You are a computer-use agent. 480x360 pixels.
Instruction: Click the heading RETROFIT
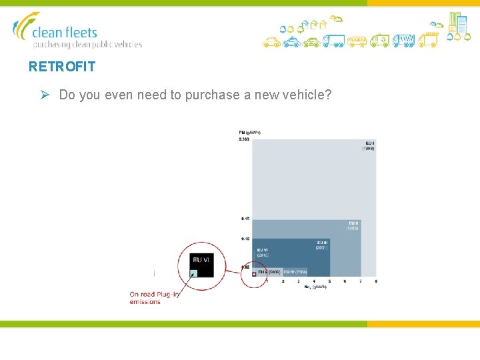click(x=62, y=67)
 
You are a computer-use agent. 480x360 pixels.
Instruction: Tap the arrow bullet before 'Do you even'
click(x=45, y=95)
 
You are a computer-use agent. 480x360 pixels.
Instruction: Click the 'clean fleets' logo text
click(x=65, y=32)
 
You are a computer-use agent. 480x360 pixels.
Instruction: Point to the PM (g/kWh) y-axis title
click(x=249, y=132)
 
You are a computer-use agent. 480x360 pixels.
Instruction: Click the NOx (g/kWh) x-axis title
click(x=315, y=287)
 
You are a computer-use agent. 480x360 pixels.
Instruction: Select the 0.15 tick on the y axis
click(x=245, y=219)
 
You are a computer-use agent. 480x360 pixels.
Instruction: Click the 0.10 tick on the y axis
click(x=245, y=239)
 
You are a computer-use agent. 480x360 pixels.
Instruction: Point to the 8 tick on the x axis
click(x=376, y=281)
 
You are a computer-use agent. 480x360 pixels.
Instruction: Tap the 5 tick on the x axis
click(x=330, y=281)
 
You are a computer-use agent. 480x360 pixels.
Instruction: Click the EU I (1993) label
click(x=369, y=146)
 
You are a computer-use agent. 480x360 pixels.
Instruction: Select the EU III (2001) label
click(x=321, y=245)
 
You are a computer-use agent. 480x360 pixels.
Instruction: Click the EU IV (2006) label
click(x=295, y=272)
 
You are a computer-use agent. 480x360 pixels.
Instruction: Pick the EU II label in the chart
click(x=353, y=225)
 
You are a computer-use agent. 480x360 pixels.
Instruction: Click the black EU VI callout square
click(x=201, y=264)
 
